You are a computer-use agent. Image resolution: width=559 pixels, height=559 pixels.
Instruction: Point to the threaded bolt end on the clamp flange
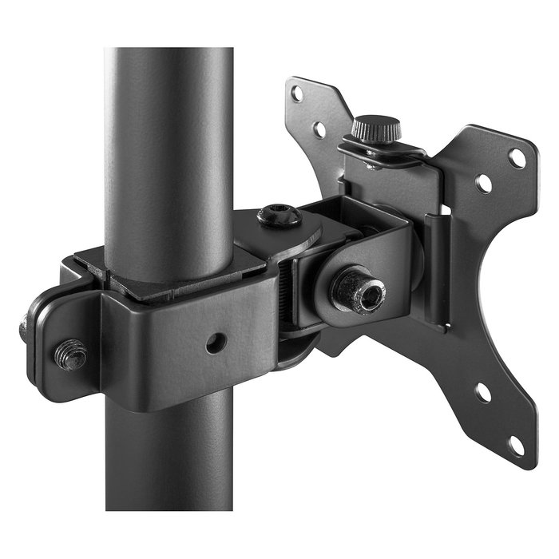click(71, 353)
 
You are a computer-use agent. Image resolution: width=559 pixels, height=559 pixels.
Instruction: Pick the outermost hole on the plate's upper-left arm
click(297, 93)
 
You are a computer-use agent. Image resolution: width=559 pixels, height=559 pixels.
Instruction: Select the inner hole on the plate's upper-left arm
click(319, 129)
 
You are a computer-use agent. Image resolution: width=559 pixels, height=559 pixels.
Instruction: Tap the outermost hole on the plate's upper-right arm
click(517, 157)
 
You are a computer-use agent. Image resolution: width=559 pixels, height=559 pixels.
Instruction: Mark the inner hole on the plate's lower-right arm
click(482, 393)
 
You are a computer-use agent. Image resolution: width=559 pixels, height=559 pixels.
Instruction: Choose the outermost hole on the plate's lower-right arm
click(517, 445)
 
